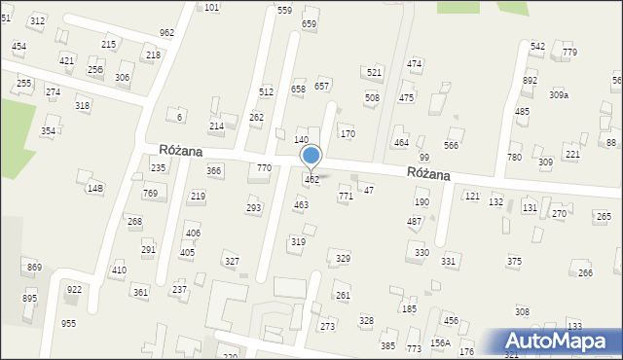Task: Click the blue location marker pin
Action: click(x=311, y=157)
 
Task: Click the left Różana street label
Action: click(x=181, y=150)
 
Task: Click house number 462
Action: click(x=311, y=180)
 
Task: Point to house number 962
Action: click(x=166, y=32)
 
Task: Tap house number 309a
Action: click(x=559, y=94)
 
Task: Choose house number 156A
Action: click(x=440, y=342)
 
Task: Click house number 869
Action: click(x=34, y=267)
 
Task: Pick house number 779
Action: click(x=569, y=52)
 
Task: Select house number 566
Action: click(x=451, y=145)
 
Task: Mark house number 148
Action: click(x=94, y=188)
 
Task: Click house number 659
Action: click(x=310, y=23)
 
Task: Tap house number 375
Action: click(x=514, y=261)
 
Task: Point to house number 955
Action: click(x=68, y=323)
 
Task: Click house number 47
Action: click(x=369, y=190)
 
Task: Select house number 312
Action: click(x=37, y=20)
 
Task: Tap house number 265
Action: click(x=604, y=216)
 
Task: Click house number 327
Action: click(x=232, y=261)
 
